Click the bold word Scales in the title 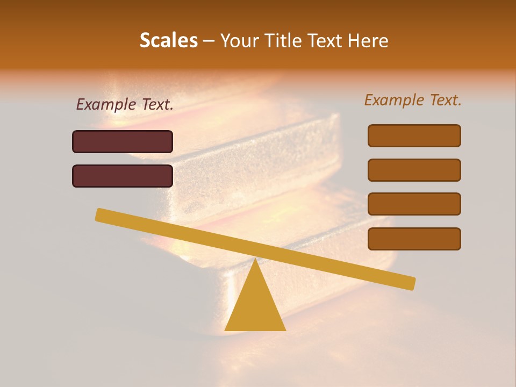[x=169, y=40]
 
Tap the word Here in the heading [x=368, y=40]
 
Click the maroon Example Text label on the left [x=125, y=105]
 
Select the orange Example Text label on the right [x=413, y=100]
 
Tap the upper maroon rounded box [x=123, y=141]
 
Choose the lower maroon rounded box [x=123, y=176]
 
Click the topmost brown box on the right [x=414, y=135]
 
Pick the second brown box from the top [x=414, y=170]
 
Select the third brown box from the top [x=414, y=204]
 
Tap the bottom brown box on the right [x=414, y=239]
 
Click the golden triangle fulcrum [x=255, y=304]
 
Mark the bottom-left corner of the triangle [x=225, y=330]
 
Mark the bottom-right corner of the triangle [x=285, y=330]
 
